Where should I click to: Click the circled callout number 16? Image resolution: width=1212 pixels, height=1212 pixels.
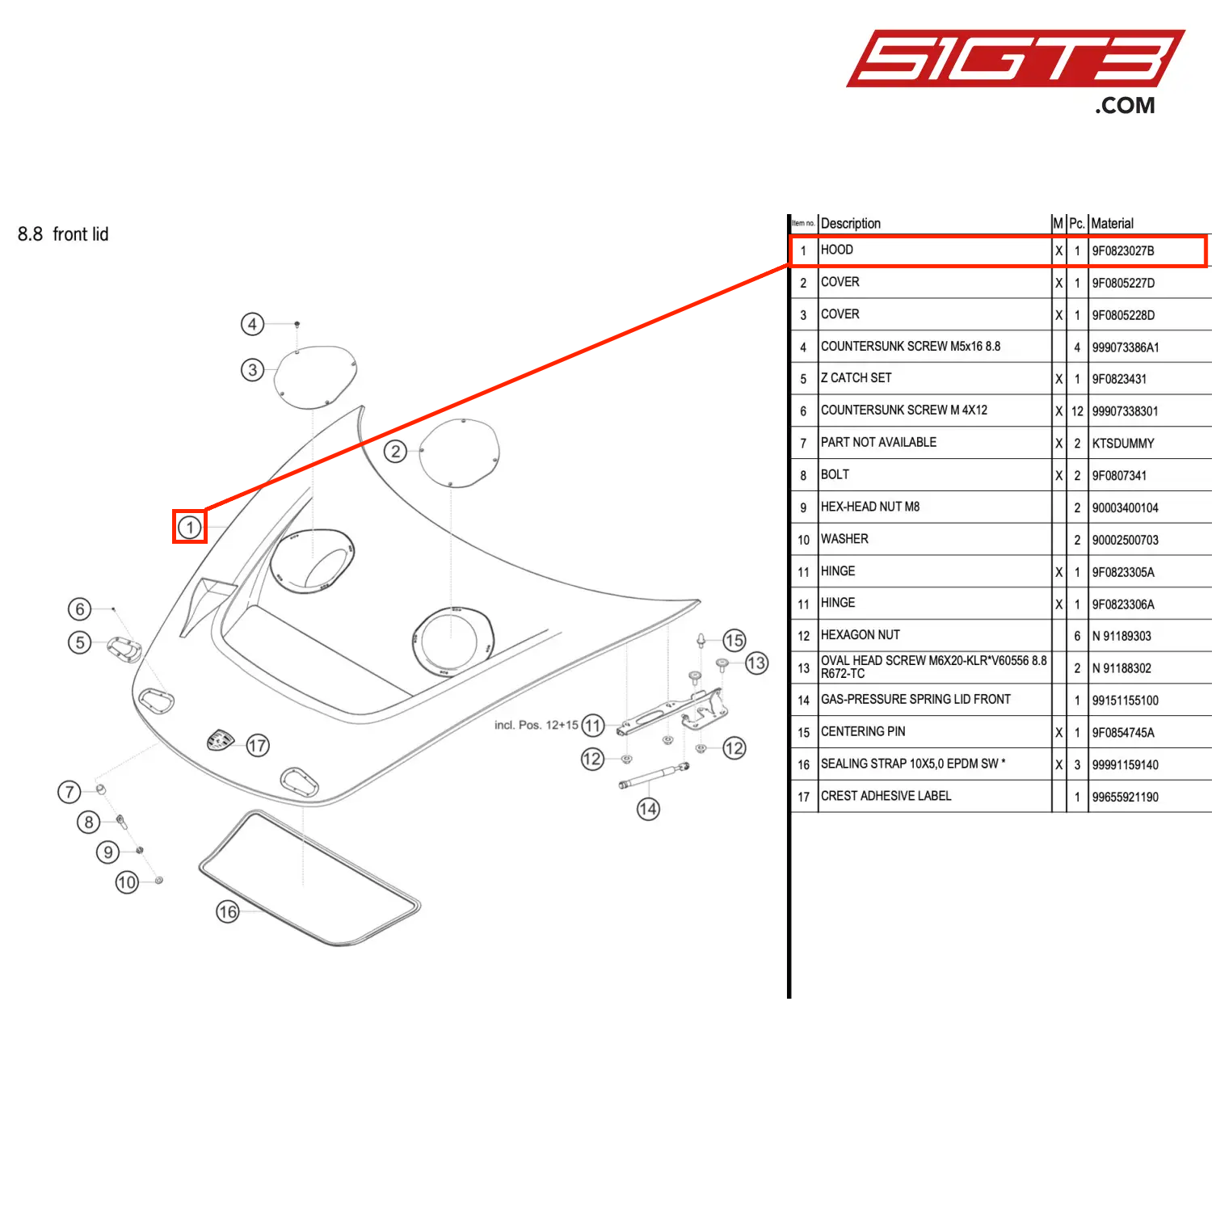point(228,912)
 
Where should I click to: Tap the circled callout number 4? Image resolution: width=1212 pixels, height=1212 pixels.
point(253,324)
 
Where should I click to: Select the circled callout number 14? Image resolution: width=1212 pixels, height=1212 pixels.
point(648,809)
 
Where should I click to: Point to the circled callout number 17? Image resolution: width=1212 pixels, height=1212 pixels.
point(258,745)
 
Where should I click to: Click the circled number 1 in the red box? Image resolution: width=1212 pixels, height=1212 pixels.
point(190,528)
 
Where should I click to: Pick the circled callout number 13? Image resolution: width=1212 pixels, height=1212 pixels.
point(756,663)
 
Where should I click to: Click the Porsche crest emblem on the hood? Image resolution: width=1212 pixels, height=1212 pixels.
point(220,739)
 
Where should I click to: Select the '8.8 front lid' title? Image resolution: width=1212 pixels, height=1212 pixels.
point(63,234)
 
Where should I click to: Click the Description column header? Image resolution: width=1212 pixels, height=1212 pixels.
point(850,223)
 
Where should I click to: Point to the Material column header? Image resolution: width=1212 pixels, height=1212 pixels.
point(1112,223)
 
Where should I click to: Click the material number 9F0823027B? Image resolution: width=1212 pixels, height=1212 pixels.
point(1122,250)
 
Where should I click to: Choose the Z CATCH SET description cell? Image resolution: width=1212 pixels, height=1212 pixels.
point(856,378)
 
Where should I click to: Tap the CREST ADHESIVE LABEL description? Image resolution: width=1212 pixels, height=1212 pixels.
point(886,796)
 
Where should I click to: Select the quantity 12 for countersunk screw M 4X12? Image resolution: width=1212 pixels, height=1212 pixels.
point(1077,411)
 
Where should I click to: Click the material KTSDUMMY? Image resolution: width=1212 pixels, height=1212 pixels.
point(1122,444)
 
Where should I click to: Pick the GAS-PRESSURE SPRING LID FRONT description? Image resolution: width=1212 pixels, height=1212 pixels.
point(915,700)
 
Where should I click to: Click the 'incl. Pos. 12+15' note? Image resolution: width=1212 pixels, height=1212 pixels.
point(536,725)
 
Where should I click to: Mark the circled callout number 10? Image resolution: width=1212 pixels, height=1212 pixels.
point(127,882)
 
